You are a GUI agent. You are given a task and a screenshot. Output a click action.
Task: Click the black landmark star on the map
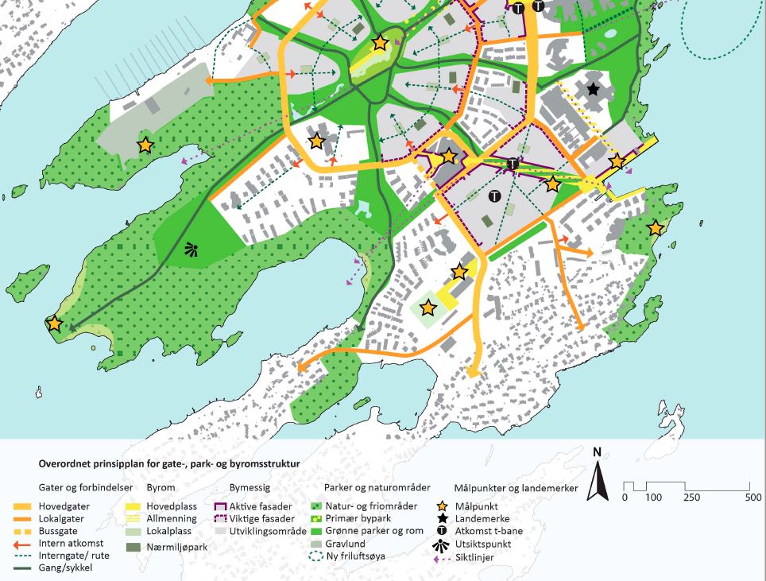[592, 89]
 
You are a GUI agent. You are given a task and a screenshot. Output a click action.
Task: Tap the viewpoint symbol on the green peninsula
[190, 250]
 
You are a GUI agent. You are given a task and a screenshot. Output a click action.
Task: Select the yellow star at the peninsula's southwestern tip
[54, 323]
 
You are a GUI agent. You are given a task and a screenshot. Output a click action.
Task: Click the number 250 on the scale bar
[690, 498]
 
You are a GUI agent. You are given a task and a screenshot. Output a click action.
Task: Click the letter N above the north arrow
[597, 452]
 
